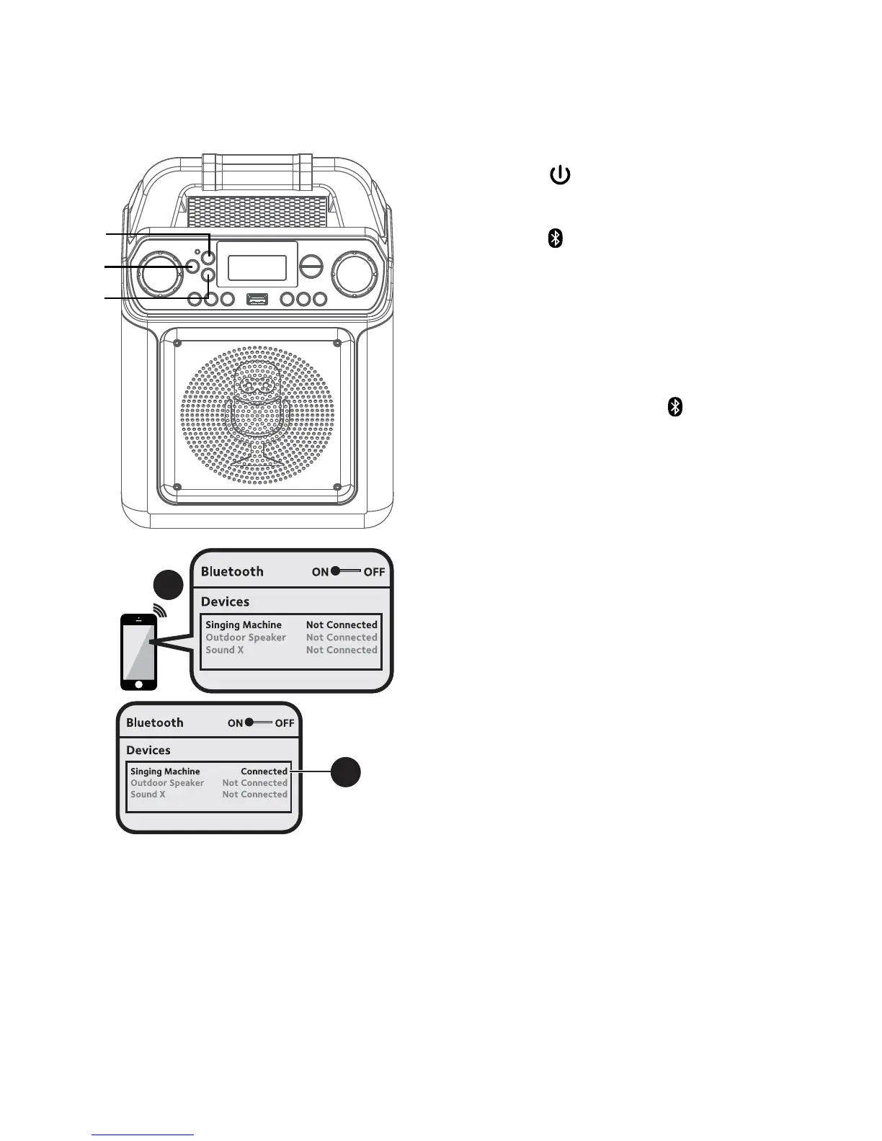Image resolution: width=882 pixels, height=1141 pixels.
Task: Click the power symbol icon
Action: click(560, 175)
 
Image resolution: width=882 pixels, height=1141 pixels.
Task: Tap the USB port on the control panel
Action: click(257, 298)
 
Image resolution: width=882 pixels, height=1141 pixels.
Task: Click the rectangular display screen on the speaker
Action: click(257, 267)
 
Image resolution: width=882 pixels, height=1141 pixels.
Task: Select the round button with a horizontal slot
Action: click(311, 267)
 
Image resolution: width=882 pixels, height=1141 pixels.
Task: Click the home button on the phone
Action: click(138, 684)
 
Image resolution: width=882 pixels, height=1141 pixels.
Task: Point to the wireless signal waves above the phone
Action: click(159, 612)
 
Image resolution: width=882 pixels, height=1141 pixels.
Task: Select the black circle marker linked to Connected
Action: click(346, 772)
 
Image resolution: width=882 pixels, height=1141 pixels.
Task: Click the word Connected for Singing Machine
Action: click(264, 771)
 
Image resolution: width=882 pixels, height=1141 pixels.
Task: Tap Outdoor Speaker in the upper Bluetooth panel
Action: click(246, 637)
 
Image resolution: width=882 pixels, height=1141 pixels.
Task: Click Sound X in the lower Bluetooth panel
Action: click(148, 795)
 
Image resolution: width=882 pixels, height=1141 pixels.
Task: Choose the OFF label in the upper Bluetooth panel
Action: click(374, 572)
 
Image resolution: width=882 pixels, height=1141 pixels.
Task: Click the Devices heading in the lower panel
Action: click(148, 751)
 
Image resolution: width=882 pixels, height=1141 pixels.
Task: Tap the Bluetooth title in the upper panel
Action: click(232, 572)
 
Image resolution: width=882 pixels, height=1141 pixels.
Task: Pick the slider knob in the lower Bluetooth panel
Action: click(249, 722)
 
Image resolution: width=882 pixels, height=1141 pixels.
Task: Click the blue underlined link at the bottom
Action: click(143, 1135)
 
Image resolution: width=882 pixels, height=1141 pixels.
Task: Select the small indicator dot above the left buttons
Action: click(197, 253)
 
